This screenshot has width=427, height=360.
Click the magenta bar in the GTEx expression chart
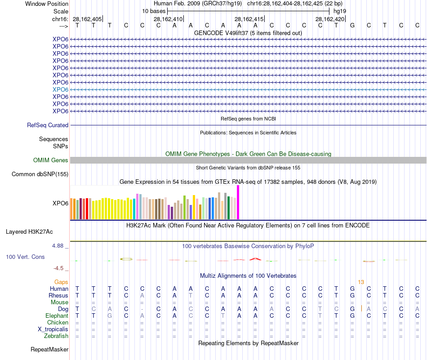pyautogui.click(x=238, y=202)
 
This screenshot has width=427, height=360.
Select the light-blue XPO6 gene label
pyautogui.click(x=60, y=89)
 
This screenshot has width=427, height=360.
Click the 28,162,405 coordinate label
pyautogui.click(x=87, y=19)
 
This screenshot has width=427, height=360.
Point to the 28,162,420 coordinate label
pyautogui.click(x=330, y=19)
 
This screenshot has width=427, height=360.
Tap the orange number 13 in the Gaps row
pyautogui.click(x=361, y=282)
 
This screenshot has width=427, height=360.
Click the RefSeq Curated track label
pyautogui.click(x=48, y=125)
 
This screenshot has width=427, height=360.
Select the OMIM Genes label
pyautogui.click(x=51, y=160)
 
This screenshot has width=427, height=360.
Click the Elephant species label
pyautogui.click(x=57, y=316)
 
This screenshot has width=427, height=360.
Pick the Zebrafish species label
pyautogui.click(x=56, y=336)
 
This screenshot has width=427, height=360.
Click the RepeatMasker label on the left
pyautogui.click(x=49, y=349)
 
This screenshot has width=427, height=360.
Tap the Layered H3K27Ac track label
pyautogui.click(x=29, y=232)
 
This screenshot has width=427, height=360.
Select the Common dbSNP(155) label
pyautogui.click(x=40, y=174)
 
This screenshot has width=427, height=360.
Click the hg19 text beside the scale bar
pyautogui.click(x=340, y=11)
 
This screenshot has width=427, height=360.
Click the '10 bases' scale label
pyautogui.click(x=154, y=11)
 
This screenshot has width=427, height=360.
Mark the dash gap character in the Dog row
pyautogui.click(x=142, y=309)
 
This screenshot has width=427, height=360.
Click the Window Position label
pyautogui.click(x=47, y=4)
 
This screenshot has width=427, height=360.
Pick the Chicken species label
pyautogui.click(x=58, y=322)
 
